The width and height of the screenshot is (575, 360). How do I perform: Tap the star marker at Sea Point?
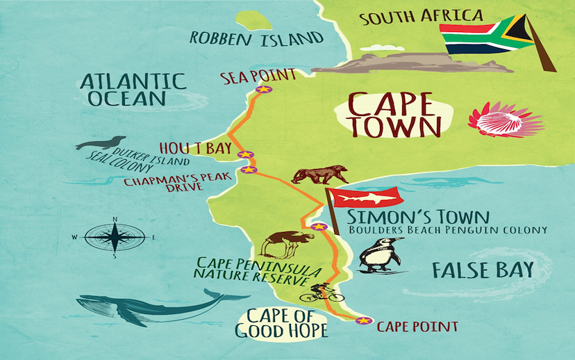point(263,89)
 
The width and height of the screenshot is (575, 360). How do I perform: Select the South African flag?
point(485,35)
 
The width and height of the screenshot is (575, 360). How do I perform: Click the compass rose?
point(115,236)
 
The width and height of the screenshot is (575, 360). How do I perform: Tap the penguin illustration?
point(380,255)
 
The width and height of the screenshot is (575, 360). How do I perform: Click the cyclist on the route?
point(322,293)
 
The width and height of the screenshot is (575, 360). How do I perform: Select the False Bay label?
point(482,270)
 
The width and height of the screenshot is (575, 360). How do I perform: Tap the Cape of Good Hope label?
point(281,322)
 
